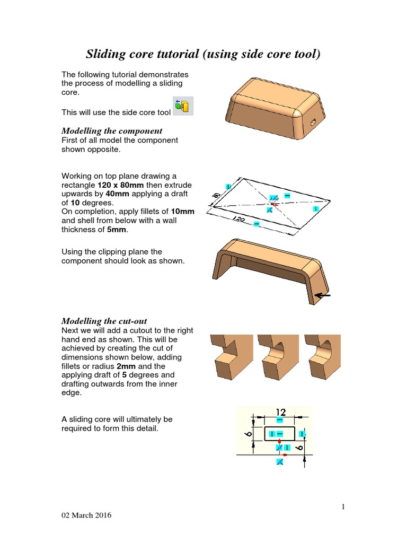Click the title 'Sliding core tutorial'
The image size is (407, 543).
point(203,54)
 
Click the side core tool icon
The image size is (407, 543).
point(183,106)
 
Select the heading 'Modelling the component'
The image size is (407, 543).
point(112,130)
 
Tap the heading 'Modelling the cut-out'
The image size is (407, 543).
point(104,321)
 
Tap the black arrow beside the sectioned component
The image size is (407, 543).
point(322,295)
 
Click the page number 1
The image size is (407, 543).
point(343,507)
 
